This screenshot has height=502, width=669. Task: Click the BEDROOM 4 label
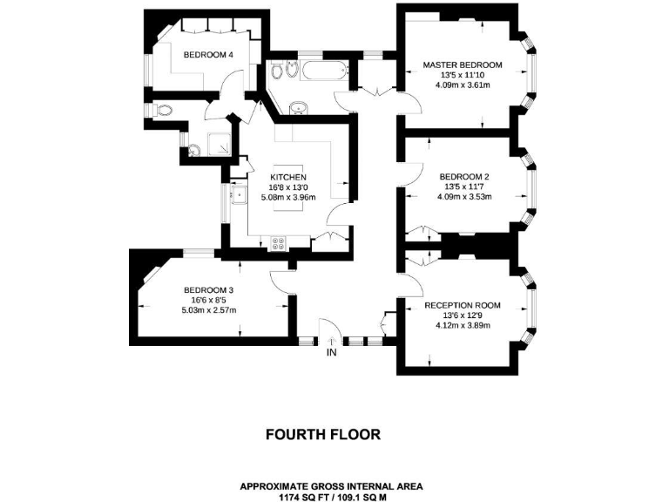tap(207, 55)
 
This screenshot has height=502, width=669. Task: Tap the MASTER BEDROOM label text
tap(463, 64)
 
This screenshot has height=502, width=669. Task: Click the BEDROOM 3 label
tap(208, 290)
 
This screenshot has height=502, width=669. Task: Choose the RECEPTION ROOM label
tap(463, 305)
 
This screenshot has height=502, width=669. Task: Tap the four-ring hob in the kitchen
tap(280, 243)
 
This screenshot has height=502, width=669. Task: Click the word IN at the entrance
tap(331, 353)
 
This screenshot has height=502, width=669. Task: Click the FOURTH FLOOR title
tap(322, 433)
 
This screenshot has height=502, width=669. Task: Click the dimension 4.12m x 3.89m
tap(463, 326)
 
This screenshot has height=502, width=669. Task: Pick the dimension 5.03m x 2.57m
tap(208, 310)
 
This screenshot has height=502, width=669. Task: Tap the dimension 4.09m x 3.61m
tap(463, 85)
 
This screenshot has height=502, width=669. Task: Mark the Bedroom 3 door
tap(280, 281)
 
